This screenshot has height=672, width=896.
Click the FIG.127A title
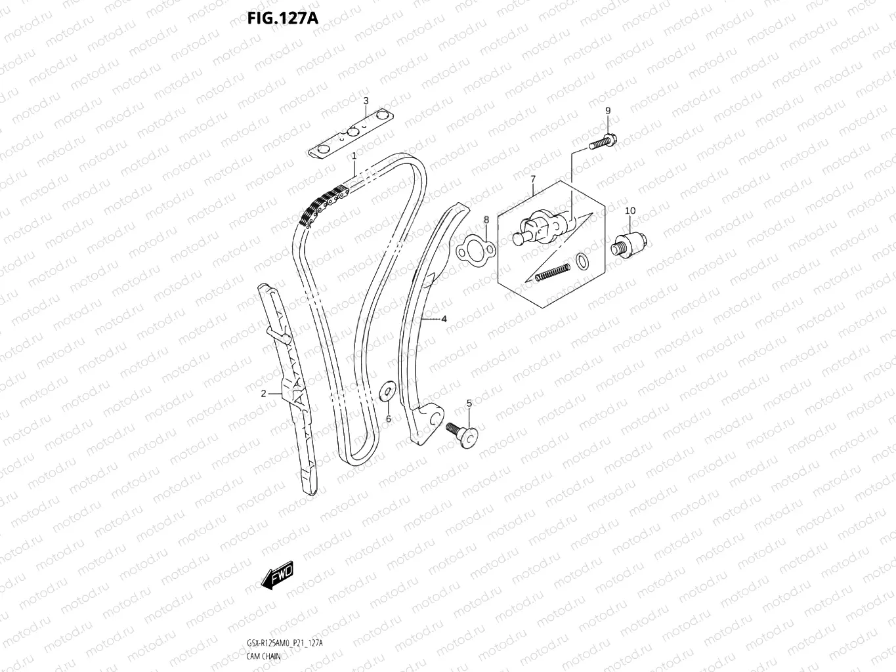point(282,18)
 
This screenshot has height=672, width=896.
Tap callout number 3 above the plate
point(366,100)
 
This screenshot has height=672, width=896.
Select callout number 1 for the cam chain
point(354,156)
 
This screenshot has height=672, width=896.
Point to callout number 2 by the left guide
point(263,394)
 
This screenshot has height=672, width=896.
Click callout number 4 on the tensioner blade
point(444,319)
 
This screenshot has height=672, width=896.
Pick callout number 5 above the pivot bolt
point(469,403)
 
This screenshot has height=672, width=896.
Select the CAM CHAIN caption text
point(264,656)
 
